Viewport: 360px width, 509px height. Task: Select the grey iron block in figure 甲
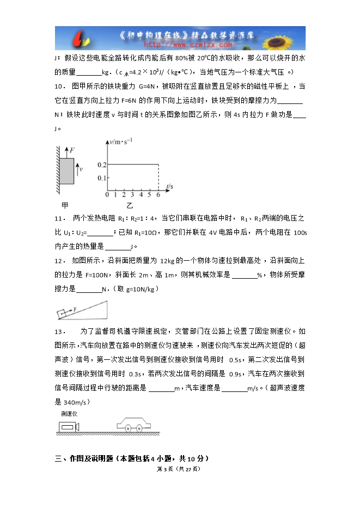(66, 171)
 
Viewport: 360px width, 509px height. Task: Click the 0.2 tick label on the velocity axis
(101, 164)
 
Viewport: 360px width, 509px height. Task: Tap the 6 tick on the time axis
(158, 195)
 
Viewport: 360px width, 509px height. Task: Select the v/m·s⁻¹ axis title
(121, 142)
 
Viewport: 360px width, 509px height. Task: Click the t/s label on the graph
(169, 187)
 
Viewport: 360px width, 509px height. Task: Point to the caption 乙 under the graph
(130, 206)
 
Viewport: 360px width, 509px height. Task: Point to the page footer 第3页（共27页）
(179, 469)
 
